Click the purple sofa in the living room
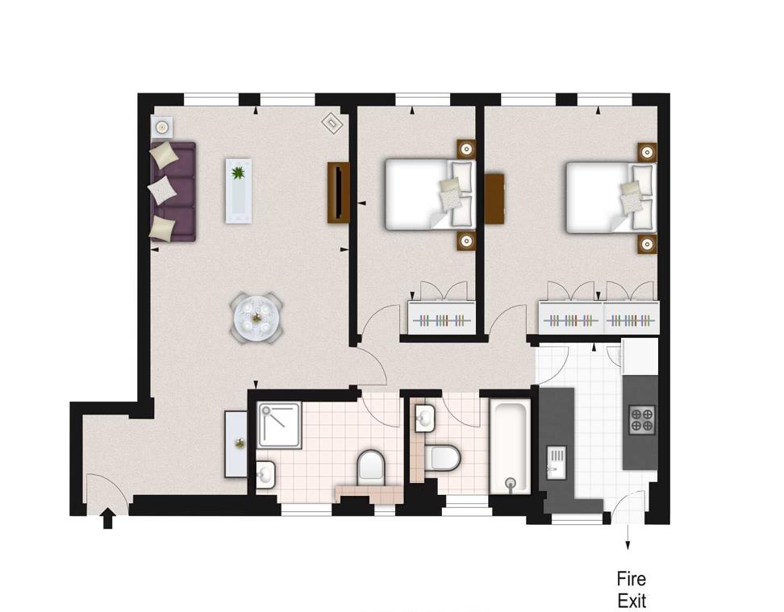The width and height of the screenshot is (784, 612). pos(173,191)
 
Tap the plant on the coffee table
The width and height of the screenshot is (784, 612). pos(238,173)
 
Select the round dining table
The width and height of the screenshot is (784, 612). pos(257,317)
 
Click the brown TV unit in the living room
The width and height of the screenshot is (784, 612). pos(338,193)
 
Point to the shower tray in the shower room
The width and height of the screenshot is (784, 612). pos(279,425)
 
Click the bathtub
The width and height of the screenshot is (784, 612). pos(510,446)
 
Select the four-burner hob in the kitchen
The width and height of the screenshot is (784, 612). pos(642,419)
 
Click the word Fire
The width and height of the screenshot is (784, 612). pos(631,579)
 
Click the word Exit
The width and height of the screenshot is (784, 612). pos(632,601)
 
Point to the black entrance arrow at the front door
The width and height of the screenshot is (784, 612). pos(107,518)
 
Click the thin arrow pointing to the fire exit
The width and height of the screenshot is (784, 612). pos(628,537)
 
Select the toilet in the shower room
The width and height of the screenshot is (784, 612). pos(371,468)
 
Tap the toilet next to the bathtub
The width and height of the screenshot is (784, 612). pos(443,457)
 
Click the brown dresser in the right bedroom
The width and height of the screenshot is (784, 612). pos(494,198)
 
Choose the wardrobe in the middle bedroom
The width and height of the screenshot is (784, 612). pos(441,318)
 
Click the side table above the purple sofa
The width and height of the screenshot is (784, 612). pos(161,127)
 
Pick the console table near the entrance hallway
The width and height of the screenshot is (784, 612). pos(236,444)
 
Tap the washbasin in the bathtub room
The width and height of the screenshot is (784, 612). pos(424,418)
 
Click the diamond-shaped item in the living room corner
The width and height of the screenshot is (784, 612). pos(332,123)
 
